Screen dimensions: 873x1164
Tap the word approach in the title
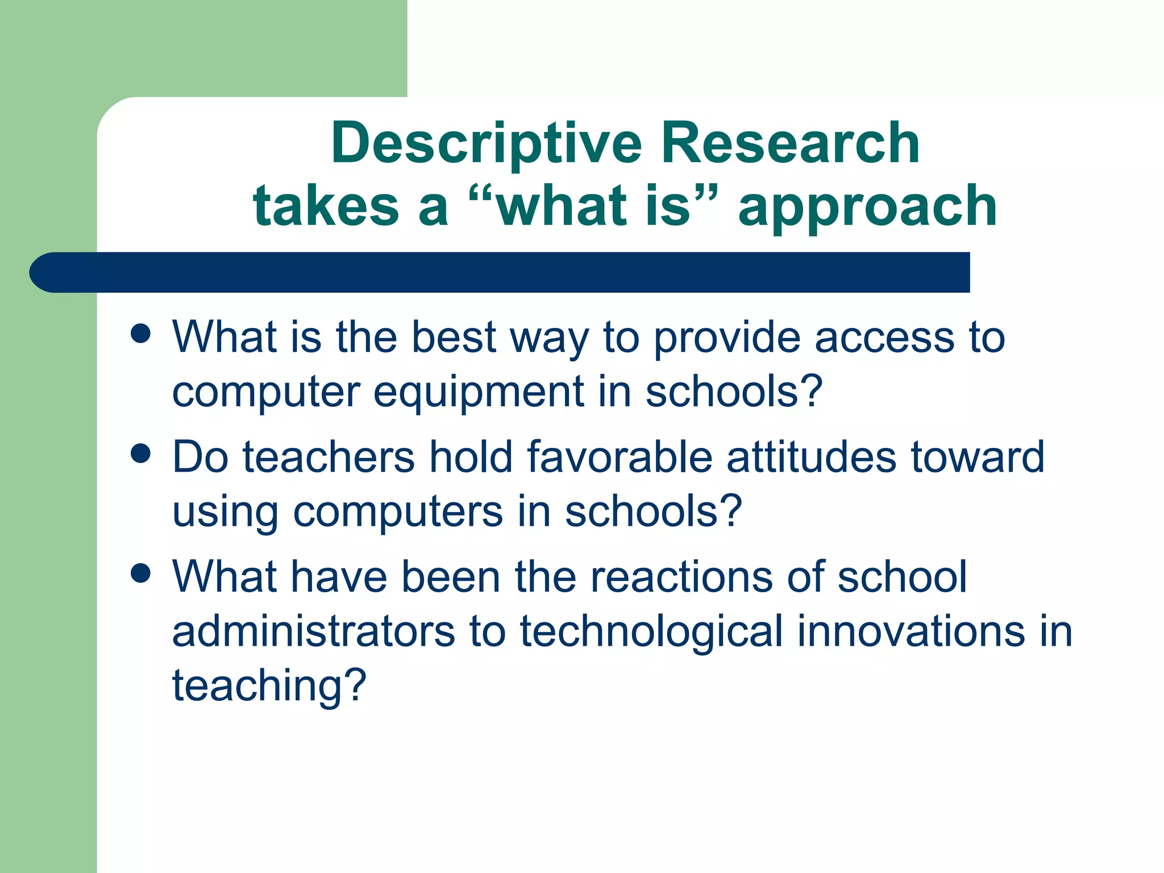[867, 207]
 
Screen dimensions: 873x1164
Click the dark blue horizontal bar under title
[500, 272]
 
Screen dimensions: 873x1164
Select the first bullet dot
[140, 334]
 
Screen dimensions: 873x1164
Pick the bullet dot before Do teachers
[140, 454]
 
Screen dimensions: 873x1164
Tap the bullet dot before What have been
[140, 573]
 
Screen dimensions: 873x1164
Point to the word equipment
[479, 393]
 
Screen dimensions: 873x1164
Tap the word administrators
[313, 631]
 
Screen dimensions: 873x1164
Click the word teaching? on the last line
[269, 686]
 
